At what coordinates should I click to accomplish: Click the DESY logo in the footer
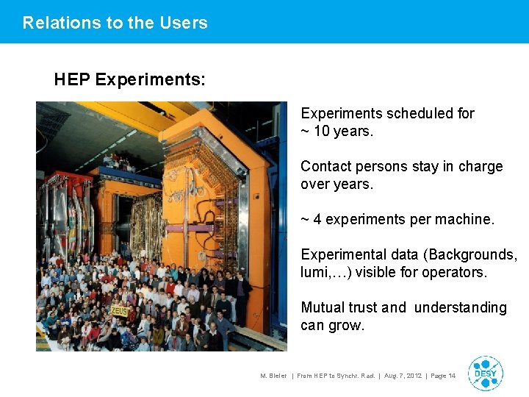(485, 373)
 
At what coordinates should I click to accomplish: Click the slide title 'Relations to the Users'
(115, 23)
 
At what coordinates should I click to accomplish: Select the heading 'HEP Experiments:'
(129, 79)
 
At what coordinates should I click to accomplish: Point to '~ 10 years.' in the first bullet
(337, 132)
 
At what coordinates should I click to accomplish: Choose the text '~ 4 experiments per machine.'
(397, 219)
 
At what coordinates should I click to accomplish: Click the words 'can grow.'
(332, 325)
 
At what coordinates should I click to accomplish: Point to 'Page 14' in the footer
(442, 376)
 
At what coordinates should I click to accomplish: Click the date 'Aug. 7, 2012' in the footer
(403, 376)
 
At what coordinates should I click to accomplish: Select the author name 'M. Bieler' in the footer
(273, 376)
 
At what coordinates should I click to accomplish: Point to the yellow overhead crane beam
(118, 118)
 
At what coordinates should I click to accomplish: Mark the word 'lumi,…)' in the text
(324, 272)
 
